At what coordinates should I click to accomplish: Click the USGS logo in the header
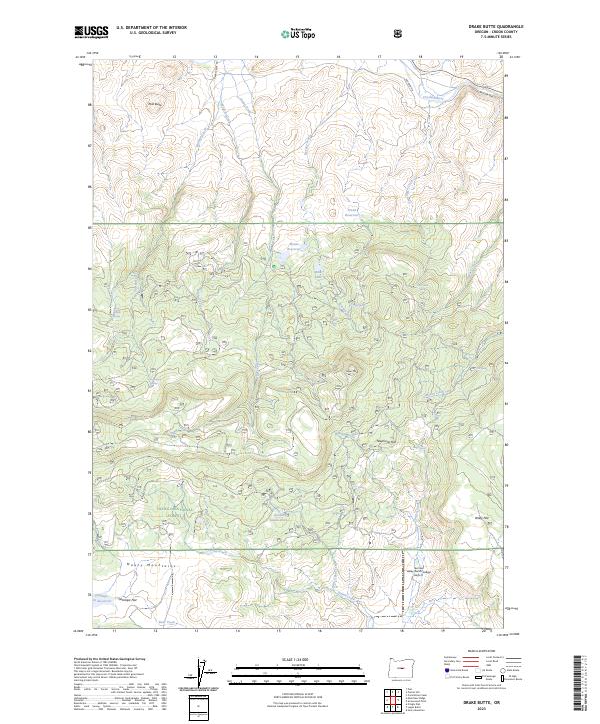point(91,32)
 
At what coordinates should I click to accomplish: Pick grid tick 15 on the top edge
point(297,57)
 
